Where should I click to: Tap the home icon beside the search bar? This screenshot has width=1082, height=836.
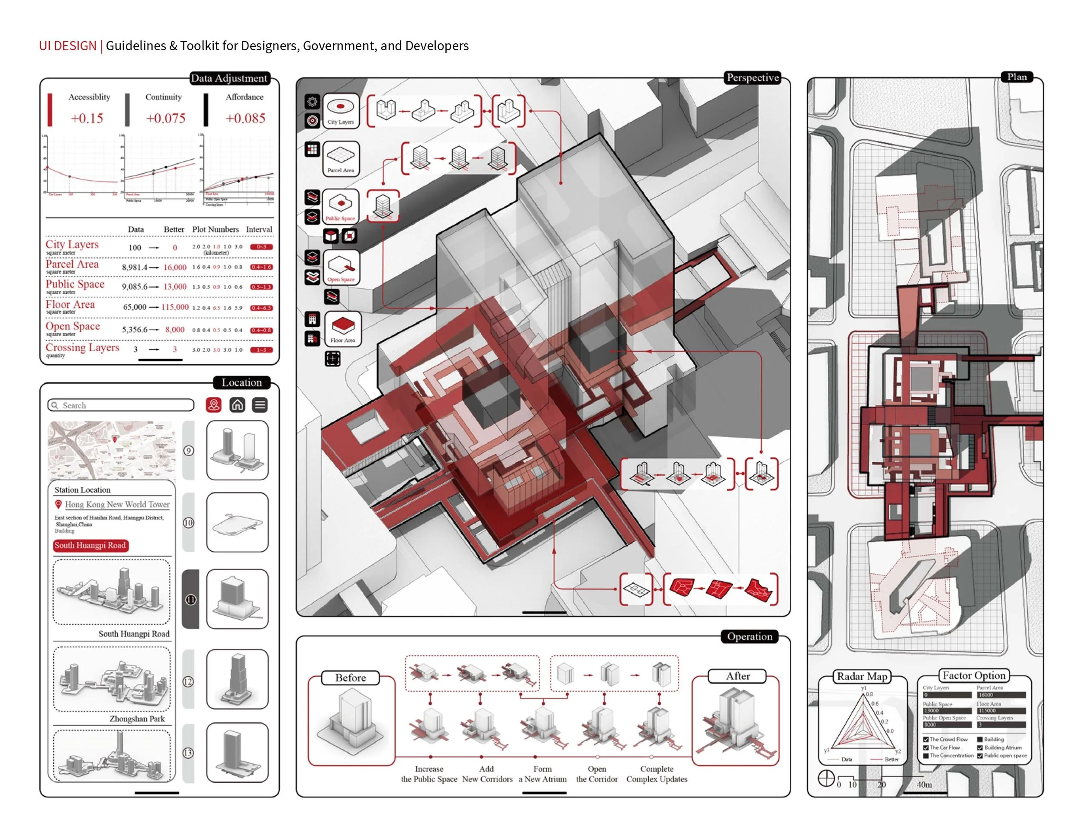point(237,405)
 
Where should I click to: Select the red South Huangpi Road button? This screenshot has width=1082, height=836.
point(90,545)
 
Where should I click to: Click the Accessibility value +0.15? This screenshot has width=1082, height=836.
point(87,119)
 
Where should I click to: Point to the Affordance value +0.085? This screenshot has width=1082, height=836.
point(245,119)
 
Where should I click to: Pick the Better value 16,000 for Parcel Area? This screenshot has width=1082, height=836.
point(175,267)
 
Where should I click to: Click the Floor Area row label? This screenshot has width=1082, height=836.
point(70,305)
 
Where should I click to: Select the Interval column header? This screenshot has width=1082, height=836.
point(259,229)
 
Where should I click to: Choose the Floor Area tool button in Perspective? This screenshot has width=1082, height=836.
point(342,329)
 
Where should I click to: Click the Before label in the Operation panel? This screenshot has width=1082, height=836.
point(350,678)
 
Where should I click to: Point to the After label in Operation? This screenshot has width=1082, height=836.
point(737,676)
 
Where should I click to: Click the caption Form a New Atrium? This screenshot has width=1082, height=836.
point(542,774)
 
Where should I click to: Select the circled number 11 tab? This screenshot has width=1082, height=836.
point(191,600)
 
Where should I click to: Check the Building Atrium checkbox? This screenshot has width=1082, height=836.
point(979,748)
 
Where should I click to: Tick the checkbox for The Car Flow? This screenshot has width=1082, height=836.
point(925,748)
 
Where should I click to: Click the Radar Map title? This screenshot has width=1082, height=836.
point(862,676)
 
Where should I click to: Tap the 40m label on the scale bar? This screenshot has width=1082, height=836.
point(924,785)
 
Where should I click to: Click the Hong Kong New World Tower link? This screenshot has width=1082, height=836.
point(117,505)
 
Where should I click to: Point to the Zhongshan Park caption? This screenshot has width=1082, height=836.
point(137,719)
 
